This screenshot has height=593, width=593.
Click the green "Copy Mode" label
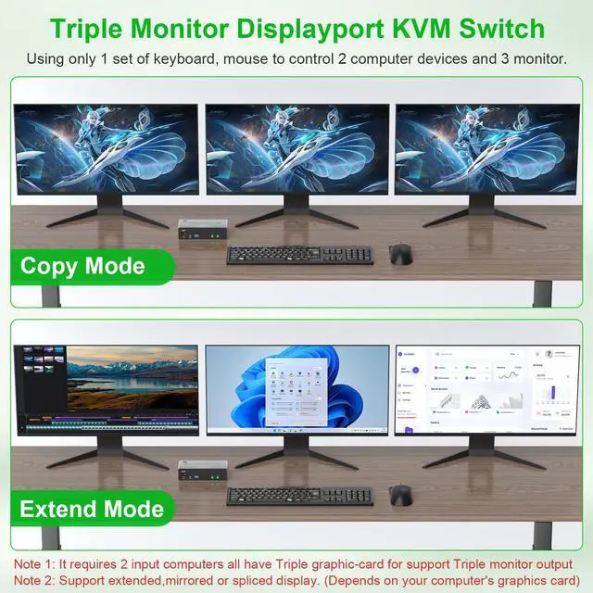point(82,267)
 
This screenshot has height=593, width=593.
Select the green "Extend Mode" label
point(92,509)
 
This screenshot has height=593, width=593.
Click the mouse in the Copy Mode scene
point(400,253)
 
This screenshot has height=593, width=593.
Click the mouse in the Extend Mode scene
point(400,495)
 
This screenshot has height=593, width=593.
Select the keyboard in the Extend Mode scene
point(299,496)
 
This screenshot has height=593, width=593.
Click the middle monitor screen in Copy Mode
point(296,148)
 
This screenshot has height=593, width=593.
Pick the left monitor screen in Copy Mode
point(107,148)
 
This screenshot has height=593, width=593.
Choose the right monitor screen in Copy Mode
point(487,148)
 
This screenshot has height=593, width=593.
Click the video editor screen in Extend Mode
point(107,389)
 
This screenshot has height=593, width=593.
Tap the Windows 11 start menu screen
point(296,389)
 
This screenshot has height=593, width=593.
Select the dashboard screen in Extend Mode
point(487,389)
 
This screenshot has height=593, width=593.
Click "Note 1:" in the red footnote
point(38,563)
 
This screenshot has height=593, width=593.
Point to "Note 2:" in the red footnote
point(38,580)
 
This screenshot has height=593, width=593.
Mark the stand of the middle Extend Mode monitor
point(296,454)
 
